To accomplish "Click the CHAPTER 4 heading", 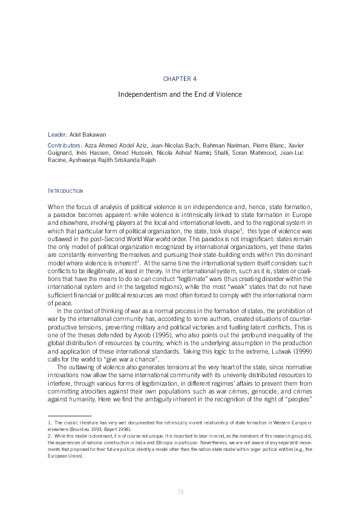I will [x=180, y=79].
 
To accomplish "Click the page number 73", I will [x=180, y=491].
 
